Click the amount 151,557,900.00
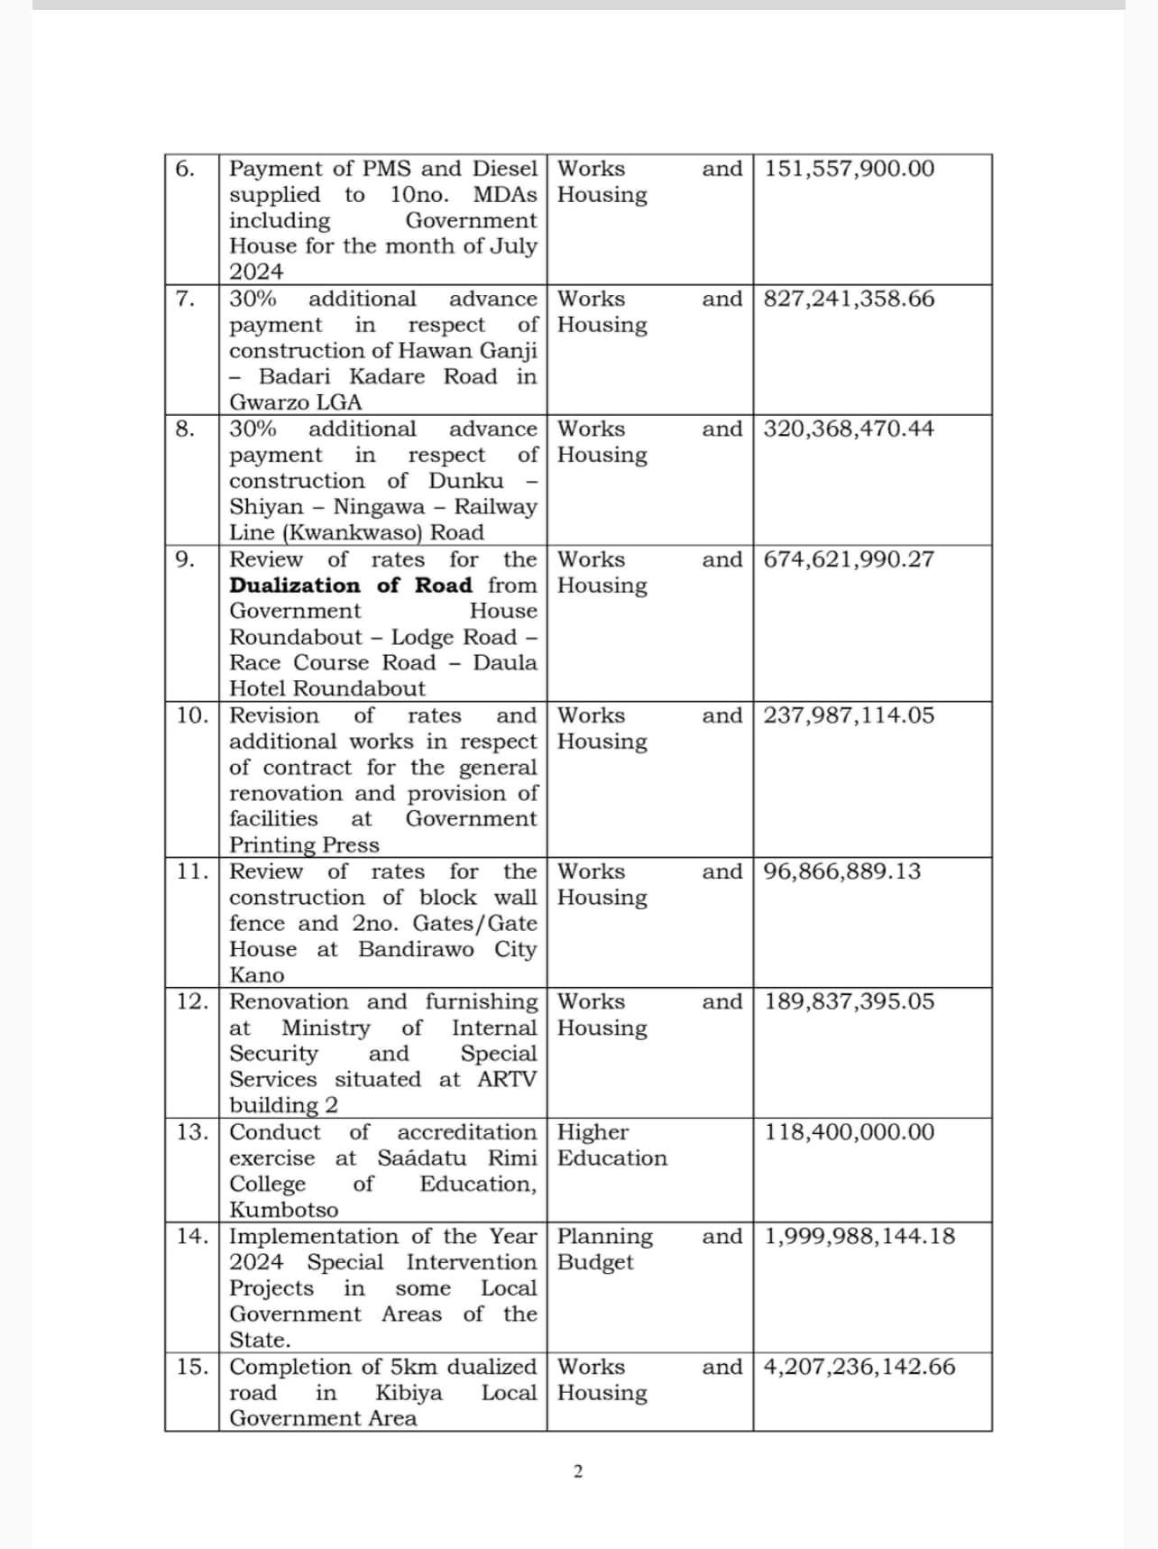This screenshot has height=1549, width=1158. pos(850,169)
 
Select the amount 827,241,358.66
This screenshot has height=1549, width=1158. pos(849,299)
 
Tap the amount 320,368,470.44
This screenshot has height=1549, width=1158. pos(849,429)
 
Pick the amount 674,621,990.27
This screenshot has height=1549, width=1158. pos(849,559)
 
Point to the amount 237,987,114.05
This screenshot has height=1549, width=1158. pos(849,715)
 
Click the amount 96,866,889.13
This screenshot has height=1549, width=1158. pos(842,871)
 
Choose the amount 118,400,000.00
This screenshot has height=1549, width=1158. pos(850,1132)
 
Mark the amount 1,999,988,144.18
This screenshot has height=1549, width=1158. pos(859,1236)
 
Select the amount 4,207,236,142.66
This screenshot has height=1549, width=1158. pos(859,1367)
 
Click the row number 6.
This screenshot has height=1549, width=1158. pos(184,169)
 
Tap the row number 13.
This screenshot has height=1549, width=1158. pos(191,1132)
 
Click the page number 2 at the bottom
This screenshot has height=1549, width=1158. pos(578,1472)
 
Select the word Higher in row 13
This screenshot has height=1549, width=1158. pos(593,1132)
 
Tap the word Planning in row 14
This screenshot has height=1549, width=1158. pos(605,1237)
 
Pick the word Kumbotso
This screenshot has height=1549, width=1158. pos(284,1210)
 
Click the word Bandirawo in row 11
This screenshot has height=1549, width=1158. pos(416,949)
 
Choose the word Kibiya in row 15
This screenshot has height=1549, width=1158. pos(409,1393)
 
